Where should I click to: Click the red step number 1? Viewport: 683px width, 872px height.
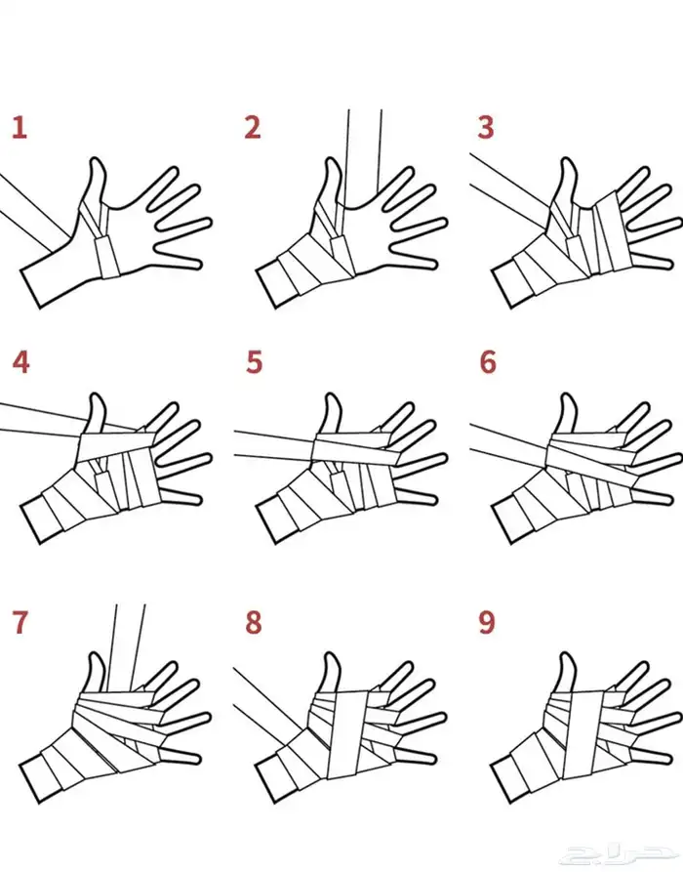pyautogui.click(x=20, y=127)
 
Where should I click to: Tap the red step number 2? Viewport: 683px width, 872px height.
pyautogui.click(x=253, y=127)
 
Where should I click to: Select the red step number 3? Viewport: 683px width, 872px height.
pyautogui.click(x=486, y=127)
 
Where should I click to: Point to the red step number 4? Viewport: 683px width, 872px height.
pyautogui.click(x=20, y=362)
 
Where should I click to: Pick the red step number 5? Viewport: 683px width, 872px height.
pyautogui.click(x=254, y=362)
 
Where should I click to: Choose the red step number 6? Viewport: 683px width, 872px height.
pyautogui.click(x=488, y=362)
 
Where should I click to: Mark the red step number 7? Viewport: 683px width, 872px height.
pyautogui.click(x=20, y=622)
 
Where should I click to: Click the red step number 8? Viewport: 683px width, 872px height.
pyautogui.click(x=254, y=622)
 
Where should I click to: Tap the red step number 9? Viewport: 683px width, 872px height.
pyautogui.click(x=487, y=622)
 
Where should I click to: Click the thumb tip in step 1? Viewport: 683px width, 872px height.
pyautogui.click(x=97, y=160)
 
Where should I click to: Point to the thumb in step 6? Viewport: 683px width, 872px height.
pyautogui.click(x=566, y=414)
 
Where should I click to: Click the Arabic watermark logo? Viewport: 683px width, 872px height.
pyautogui.click(x=616, y=854)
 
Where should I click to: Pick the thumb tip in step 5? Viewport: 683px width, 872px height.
pyautogui.click(x=333, y=396)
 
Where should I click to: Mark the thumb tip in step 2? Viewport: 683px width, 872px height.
pyautogui.click(x=333, y=160)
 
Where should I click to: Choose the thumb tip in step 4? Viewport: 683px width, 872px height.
pyautogui.click(x=98, y=396)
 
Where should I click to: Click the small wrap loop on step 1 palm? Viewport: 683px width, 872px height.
pyautogui.click(x=107, y=257)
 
